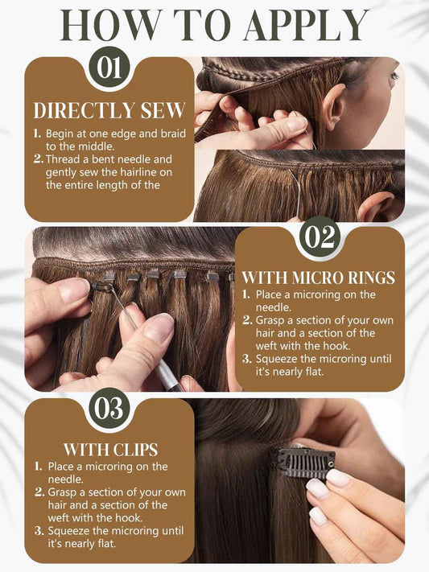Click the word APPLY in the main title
click(x=306, y=26)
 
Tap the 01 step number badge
click(x=109, y=68)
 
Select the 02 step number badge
click(x=319, y=237)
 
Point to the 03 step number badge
click(x=109, y=409)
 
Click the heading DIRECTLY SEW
click(x=109, y=110)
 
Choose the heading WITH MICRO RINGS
click(x=319, y=278)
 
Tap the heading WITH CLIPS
click(x=110, y=450)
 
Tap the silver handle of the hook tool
click(x=166, y=374)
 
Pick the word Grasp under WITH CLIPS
click(x=63, y=492)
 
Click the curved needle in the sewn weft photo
click(x=295, y=191)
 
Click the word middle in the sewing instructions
click(x=96, y=146)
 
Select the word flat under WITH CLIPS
click(x=106, y=544)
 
